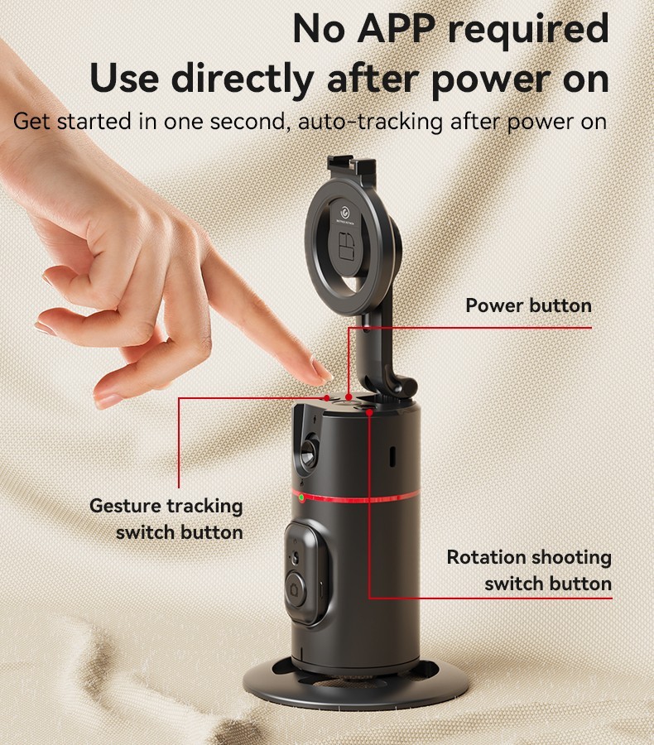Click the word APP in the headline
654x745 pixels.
tap(396, 29)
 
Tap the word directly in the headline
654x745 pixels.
tap(243, 79)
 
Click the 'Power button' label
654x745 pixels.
tap(528, 305)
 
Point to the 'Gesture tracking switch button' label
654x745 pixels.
tap(166, 519)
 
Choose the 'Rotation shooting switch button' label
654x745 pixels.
tap(529, 570)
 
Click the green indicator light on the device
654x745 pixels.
tap(301, 497)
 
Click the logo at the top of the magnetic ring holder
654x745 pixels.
tap(344, 214)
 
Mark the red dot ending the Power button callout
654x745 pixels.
tap(349, 397)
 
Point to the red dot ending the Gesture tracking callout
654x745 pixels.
tap(326, 397)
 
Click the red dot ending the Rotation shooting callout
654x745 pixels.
tap(369, 412)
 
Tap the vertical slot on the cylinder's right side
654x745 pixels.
tap(392, 456)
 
